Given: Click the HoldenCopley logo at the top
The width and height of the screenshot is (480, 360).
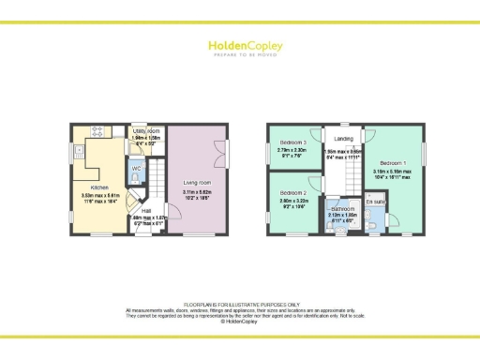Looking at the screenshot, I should click(x=239, y=46).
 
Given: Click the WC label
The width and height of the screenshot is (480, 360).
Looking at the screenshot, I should click(x=137, y=169).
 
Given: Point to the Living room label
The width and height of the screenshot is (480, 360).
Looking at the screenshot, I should click(x=196, y=183).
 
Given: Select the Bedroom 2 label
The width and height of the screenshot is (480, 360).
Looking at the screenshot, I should click(x=293, y=193).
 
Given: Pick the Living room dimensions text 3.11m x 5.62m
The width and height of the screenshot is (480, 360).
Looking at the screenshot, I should click(x=196, y=191).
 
